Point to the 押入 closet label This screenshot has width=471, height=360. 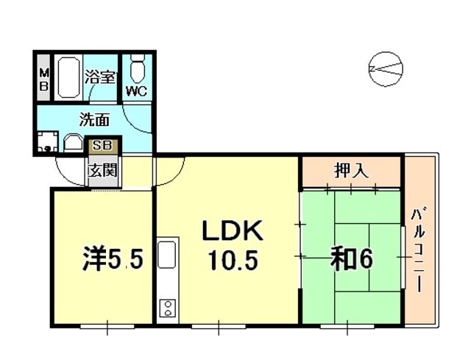click(351, 171)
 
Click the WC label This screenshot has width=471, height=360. click(136, 91)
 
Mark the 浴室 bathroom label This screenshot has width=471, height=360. click(100, 75)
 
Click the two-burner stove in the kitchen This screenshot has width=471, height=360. click(166, 307)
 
